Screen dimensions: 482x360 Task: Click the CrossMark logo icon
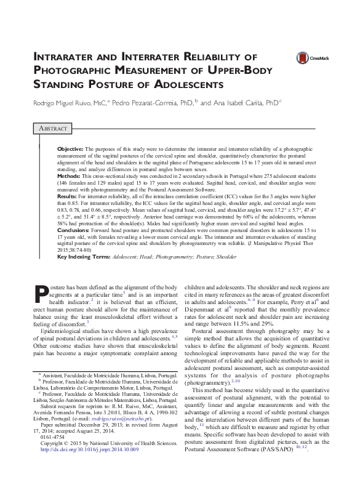303,58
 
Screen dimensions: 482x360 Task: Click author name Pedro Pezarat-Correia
154,103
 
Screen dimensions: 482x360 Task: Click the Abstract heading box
50,128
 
